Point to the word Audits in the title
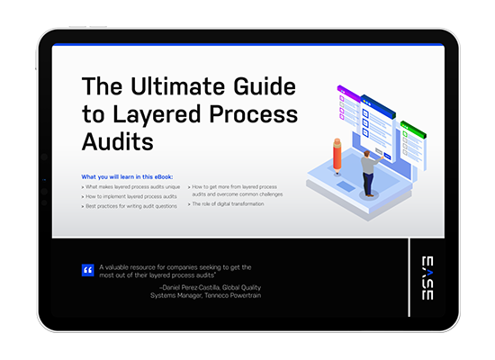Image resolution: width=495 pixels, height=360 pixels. [118, 142]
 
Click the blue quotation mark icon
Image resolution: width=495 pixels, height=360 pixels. [88, 269]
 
